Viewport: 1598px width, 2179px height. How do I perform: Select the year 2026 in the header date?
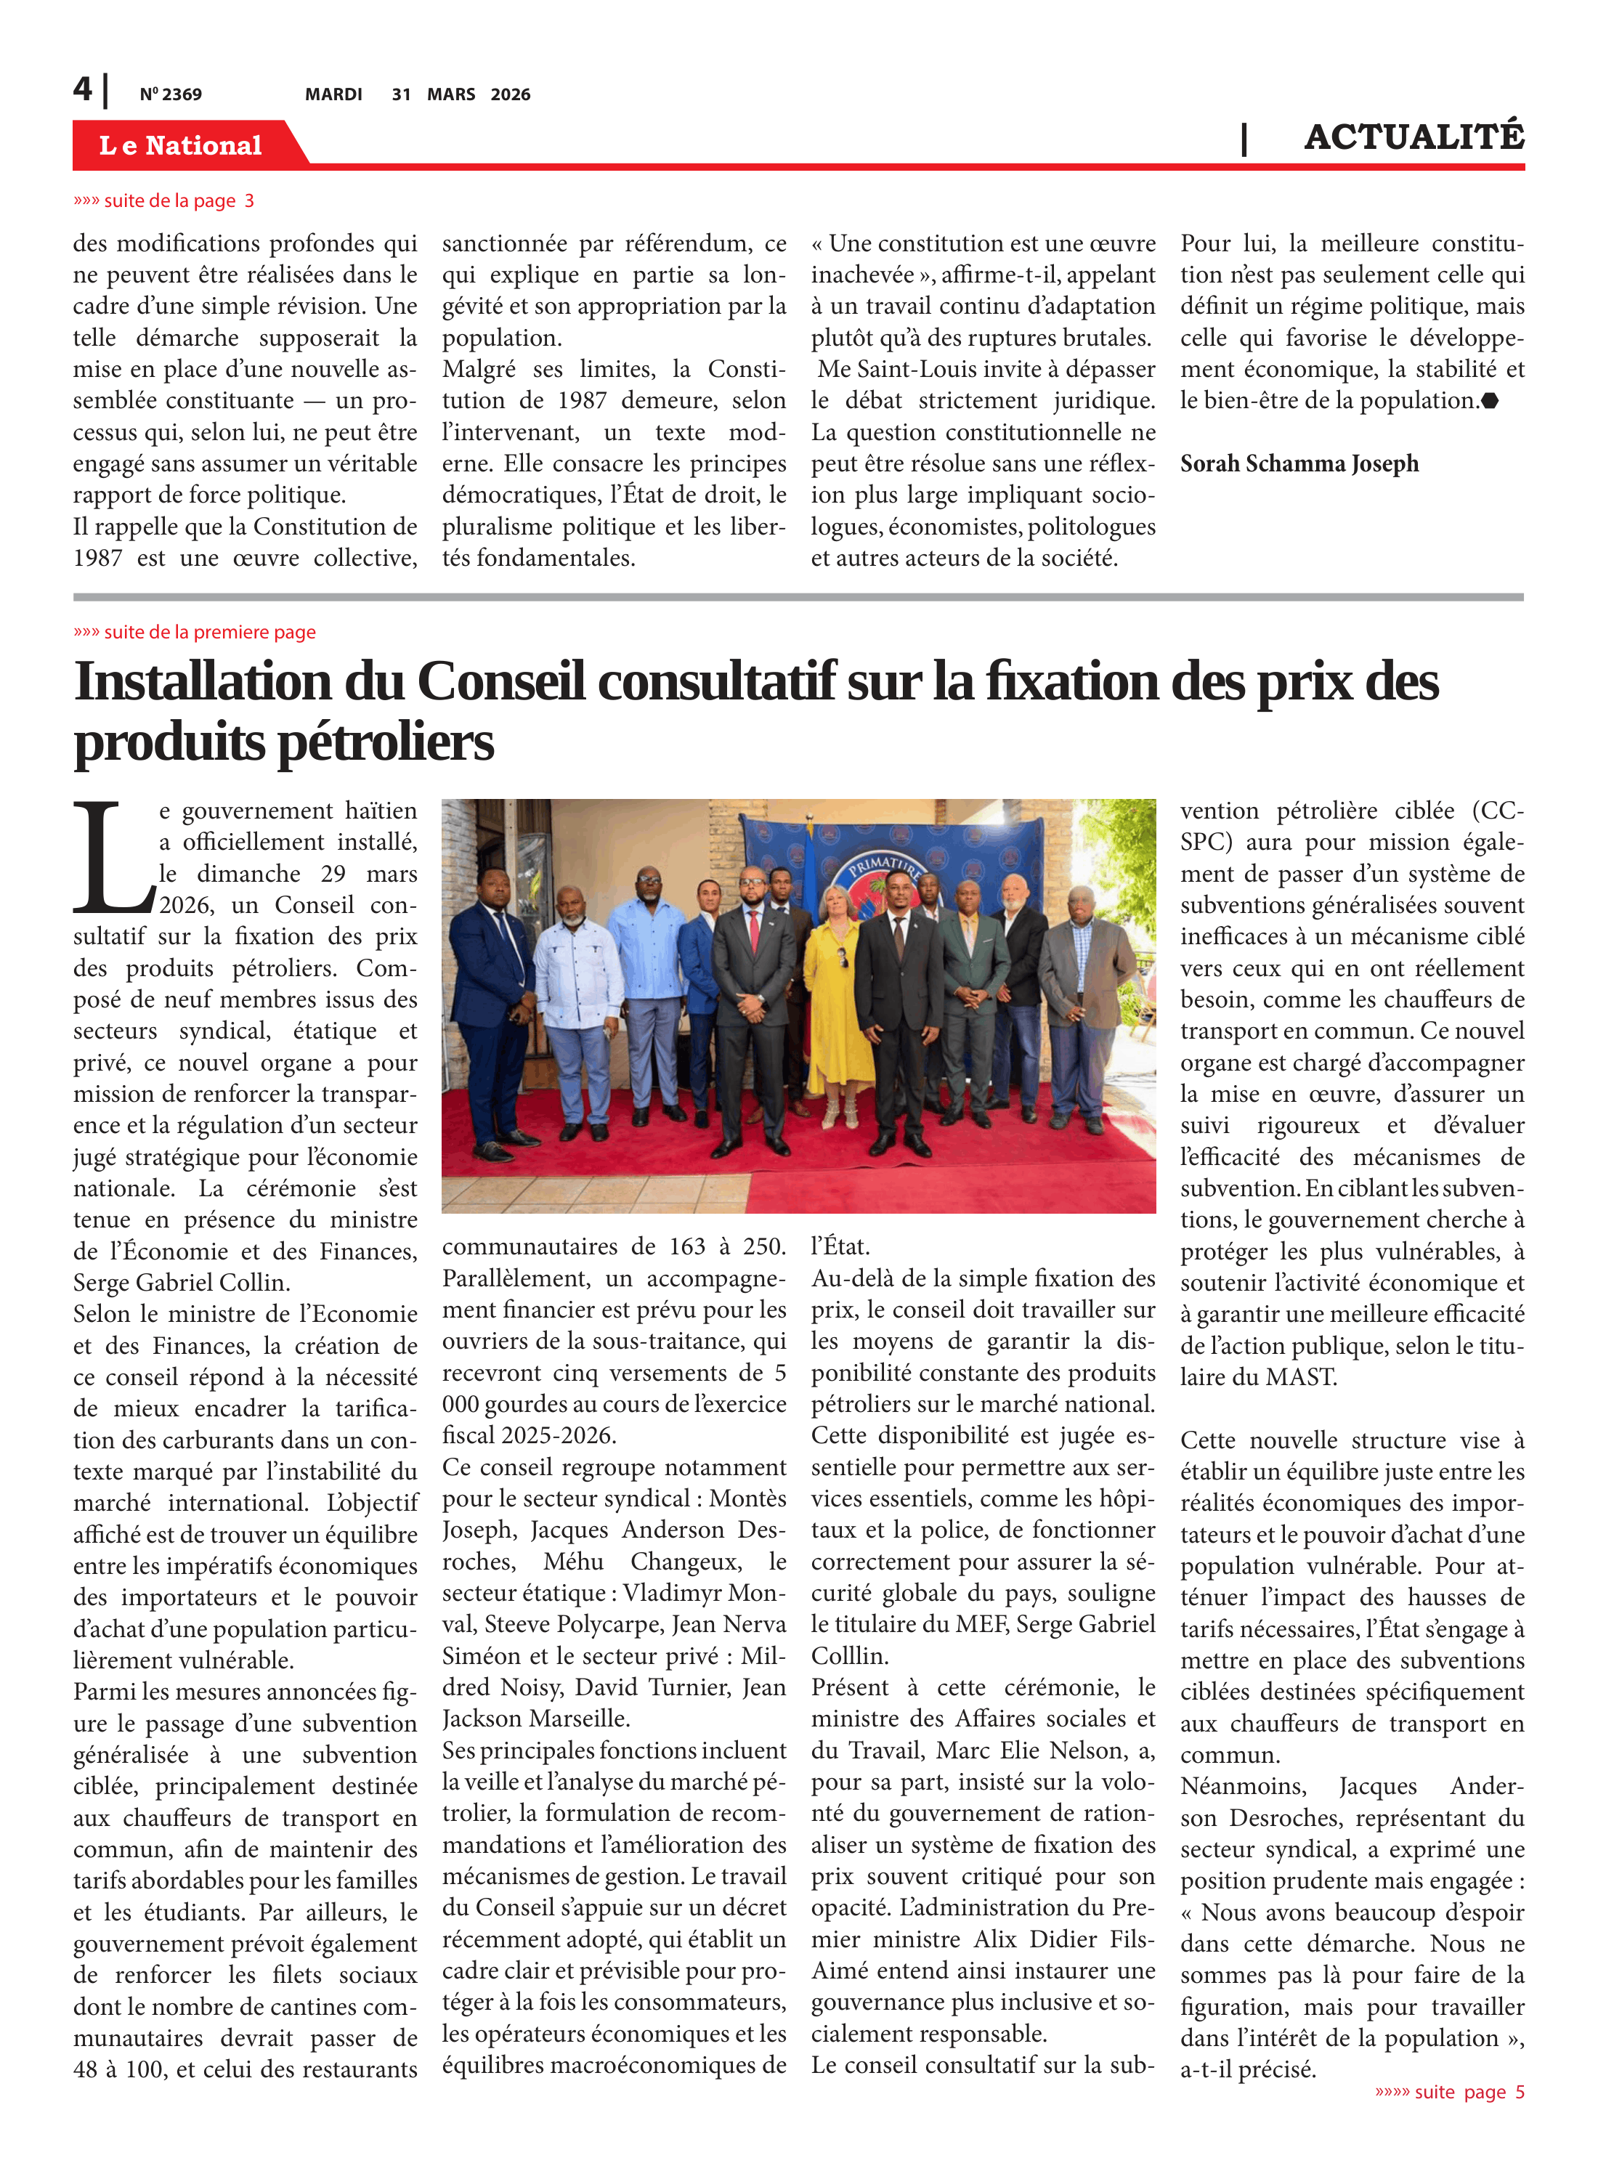510,94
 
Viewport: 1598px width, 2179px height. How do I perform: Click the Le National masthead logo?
181,145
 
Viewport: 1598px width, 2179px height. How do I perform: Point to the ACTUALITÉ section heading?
1414,137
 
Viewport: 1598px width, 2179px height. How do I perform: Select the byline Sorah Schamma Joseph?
1298,464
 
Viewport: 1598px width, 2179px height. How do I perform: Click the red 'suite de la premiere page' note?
195,633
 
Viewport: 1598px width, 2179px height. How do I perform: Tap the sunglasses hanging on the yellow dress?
842,957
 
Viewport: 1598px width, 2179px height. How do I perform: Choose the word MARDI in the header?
333,94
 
